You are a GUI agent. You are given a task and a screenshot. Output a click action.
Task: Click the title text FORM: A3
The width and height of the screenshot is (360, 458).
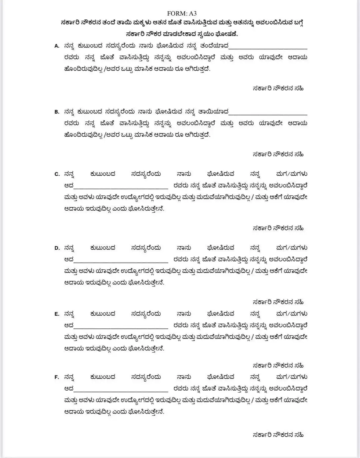182,13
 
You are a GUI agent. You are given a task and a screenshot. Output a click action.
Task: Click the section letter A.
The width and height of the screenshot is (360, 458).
57,46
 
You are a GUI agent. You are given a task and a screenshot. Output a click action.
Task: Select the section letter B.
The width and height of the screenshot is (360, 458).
57,112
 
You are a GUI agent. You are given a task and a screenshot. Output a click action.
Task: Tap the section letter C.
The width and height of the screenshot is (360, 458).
57,174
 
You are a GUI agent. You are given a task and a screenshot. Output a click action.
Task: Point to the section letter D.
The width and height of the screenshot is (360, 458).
57,248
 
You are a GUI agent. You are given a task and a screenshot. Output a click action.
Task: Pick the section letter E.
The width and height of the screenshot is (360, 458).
57,314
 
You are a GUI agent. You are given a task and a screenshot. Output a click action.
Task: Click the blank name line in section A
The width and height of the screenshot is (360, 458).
268,48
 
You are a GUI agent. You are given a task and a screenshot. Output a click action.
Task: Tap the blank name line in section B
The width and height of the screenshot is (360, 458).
268,114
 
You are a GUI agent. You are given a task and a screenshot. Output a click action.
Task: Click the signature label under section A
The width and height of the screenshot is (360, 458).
278,89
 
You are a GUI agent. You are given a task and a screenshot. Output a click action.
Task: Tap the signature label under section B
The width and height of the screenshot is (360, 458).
278,155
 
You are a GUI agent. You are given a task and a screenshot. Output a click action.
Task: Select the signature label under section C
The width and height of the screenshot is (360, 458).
278,229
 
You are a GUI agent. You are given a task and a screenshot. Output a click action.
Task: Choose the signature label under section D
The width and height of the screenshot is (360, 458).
278,303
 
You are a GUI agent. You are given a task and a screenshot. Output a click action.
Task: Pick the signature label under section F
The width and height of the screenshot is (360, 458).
278,435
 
